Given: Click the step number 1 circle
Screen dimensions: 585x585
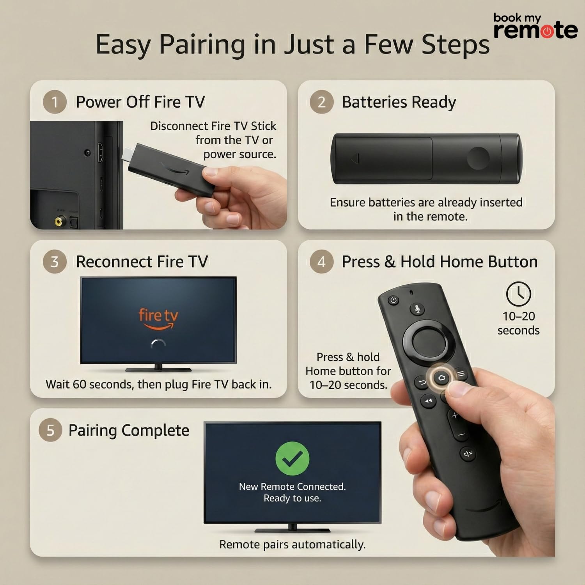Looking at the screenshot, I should (55, 102).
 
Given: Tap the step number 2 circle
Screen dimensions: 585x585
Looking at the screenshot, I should (321, 102).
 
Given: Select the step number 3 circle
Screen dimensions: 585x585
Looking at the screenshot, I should (55, 262).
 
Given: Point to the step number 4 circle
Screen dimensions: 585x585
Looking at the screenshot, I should (321, 262).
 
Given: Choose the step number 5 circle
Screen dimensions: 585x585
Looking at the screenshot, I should (50, 430).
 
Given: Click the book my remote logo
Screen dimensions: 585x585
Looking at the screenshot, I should (535, 27).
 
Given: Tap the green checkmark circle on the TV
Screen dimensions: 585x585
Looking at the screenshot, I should (292, 459).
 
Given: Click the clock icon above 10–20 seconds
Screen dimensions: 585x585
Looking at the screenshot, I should (518, 294).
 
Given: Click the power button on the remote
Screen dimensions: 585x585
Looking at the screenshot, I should (394, 300).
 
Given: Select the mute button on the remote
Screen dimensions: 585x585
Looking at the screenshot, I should (468, 454).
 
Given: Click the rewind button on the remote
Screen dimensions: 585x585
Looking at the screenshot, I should (429, 401).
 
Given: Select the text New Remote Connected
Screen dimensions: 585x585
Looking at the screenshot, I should (292, 486).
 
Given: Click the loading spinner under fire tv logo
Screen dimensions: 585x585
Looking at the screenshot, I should (158, 344).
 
